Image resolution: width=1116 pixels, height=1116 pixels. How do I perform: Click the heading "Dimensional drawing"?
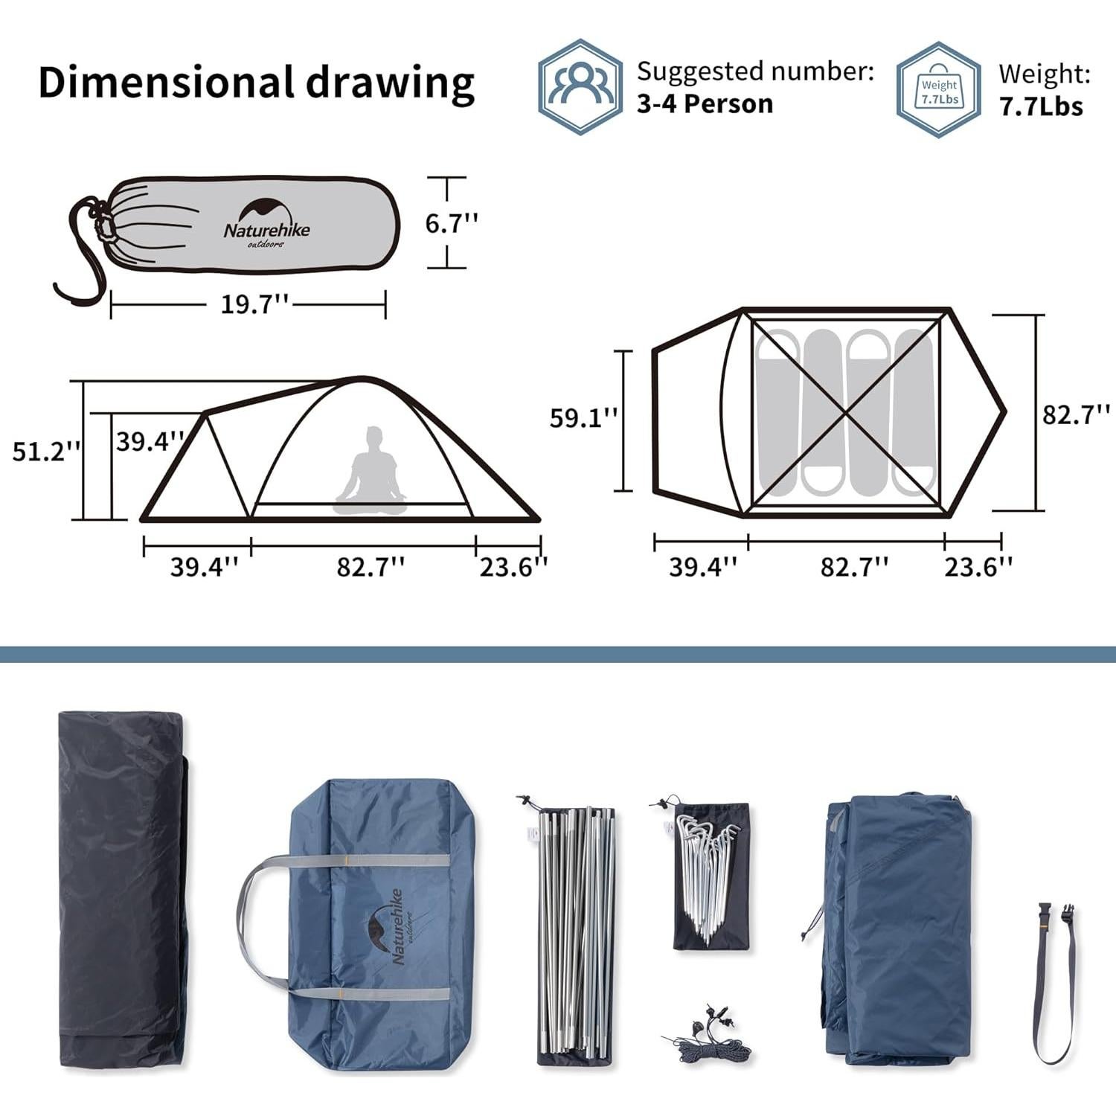click(x=256, y=83)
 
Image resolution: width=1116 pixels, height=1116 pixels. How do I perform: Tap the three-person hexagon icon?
click(x=580, y=86)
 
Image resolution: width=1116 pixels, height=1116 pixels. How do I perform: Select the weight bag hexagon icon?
click(x=939, y=89)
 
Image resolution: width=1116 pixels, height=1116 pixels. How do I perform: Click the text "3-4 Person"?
click(x=705, y=103)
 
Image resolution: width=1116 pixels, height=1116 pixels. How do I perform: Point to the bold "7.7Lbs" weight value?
click(x=1041, y=106)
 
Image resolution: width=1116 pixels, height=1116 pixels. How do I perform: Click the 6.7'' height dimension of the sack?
click(x=452, y=222)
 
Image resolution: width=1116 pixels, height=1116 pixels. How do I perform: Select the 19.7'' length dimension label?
click(x=255, y=304)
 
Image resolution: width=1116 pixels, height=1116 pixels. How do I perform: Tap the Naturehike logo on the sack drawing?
click(x=266, y=222)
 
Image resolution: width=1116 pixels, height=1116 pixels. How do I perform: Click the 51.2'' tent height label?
click(x=46, y=451)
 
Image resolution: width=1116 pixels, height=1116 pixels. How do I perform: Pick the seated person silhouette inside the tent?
click(x=370, y=471)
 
